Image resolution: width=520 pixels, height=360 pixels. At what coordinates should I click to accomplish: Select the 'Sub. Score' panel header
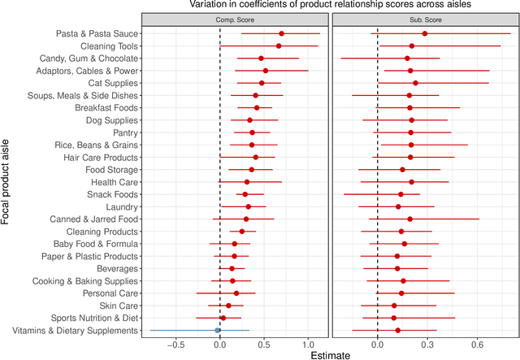coord(425,20)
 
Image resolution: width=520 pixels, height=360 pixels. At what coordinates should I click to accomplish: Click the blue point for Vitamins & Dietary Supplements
coord(218,330)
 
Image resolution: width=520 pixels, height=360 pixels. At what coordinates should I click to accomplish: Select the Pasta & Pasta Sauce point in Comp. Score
coord(282,33)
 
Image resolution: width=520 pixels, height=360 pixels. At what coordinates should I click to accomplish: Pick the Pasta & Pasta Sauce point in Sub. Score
coord(425,33)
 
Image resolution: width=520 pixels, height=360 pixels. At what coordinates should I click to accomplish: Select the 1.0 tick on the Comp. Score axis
coord(308,343)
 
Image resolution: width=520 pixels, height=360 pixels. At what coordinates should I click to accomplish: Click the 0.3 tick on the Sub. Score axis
coord(425,343)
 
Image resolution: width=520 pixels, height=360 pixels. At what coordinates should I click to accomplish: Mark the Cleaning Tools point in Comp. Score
coord(279,46)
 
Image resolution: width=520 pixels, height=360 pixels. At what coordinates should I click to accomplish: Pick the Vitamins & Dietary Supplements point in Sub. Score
coord(397,330)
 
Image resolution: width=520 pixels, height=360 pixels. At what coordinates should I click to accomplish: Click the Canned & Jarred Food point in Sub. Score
coord(409,219)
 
